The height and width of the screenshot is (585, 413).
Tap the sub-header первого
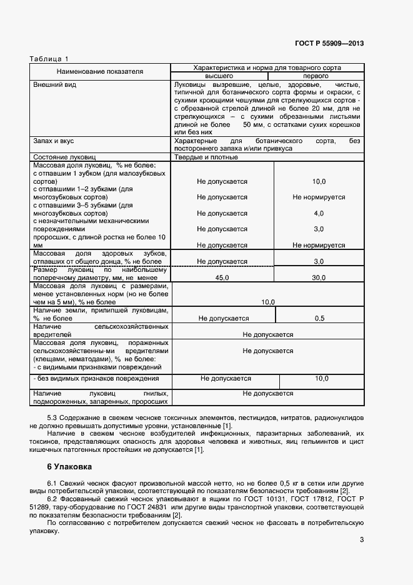click(x=316, y=75)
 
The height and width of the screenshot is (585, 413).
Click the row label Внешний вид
click(x=54, y=84)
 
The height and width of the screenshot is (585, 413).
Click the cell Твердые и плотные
click(x=206, y=157)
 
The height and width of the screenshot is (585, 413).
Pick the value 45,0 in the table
click(x=222, y=277)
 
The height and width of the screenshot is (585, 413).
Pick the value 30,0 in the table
click(x=319, y=277)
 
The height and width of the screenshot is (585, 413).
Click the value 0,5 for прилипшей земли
click(x=319, y=318)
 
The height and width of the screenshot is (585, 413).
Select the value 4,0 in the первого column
click(x=319, y=213)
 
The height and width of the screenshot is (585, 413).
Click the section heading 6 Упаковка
click(x=69, y=466)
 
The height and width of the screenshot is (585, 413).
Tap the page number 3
click(x=361, y=541)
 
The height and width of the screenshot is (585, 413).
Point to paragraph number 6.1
click(x=54, y=484)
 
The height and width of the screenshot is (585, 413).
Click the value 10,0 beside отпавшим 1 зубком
click(x=319, y=181)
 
